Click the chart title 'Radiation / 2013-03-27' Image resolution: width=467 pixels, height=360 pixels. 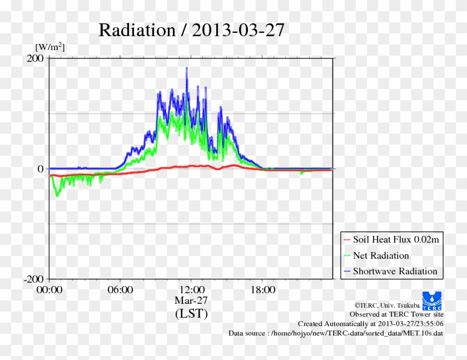coord(191,30)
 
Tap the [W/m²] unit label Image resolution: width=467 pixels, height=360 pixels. coord(50,47)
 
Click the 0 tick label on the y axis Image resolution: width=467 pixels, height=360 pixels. coord(40,169)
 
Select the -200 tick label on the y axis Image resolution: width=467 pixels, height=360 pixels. coord(33,279)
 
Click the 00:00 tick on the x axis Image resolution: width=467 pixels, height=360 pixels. coord(49,290)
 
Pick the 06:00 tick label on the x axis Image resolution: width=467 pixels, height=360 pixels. coord(120,290)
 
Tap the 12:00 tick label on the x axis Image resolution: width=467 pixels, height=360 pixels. coord(191,290)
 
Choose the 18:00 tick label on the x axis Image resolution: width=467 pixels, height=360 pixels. coord(262,290)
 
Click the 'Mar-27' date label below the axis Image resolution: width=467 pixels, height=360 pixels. coord(191,300)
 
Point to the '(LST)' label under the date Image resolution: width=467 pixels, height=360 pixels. coord(191,314)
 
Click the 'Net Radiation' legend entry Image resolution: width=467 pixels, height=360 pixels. coord(381,256)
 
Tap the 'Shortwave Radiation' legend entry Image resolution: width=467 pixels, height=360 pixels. coord(395,272)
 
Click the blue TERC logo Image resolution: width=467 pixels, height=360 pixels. coord(433,301)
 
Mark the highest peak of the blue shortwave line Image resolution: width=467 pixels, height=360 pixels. coord(187,68)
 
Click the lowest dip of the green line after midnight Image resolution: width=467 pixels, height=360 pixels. coord(57,195)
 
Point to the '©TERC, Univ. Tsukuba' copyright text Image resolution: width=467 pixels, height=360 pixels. coord(387,305)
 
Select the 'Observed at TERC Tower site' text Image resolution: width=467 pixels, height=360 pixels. coord(396,314)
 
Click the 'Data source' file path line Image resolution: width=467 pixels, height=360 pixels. coord(336,333)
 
